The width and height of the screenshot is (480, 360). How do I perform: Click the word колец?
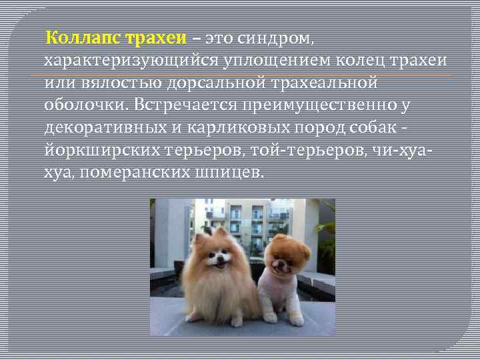359,61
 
